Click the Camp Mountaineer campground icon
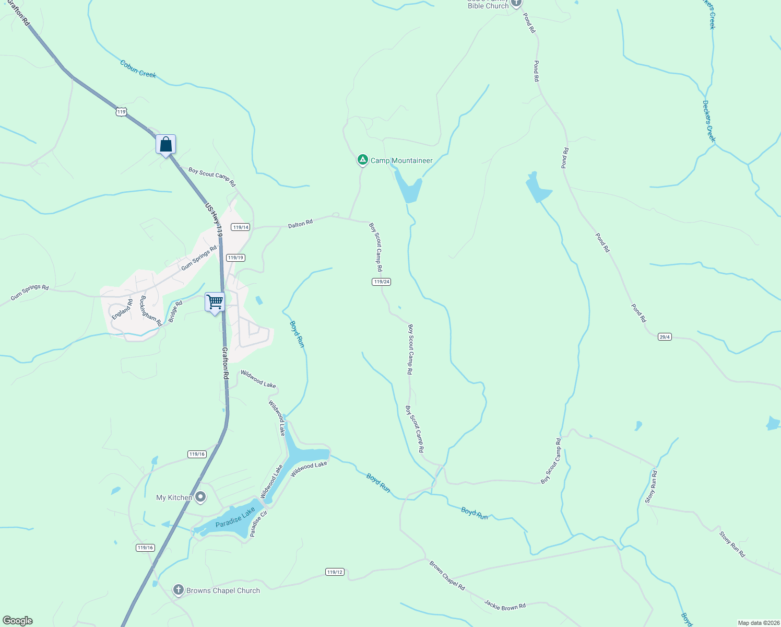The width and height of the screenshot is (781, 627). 363,159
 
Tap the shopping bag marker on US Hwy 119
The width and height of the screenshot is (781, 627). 165,144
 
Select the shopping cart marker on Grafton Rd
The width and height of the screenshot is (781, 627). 215,302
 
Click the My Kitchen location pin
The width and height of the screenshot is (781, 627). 200,497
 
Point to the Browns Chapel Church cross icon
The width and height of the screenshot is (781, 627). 179,590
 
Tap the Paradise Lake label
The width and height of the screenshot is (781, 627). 235,517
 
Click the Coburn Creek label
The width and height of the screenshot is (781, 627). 138,69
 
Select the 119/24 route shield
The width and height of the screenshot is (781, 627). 382,282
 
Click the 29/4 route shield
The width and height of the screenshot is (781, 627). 665,337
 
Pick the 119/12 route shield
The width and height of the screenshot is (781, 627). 335,572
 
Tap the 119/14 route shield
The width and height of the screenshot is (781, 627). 241,227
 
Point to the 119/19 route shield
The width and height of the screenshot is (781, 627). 235,258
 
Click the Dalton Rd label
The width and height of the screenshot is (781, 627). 300,224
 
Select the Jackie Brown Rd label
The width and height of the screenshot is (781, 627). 505,605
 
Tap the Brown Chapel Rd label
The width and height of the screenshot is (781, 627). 447,575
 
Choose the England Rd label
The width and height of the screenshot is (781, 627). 122,309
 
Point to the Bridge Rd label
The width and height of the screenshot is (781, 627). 175,311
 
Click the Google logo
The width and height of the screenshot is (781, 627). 18,621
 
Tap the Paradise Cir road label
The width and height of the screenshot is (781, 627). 258,524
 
